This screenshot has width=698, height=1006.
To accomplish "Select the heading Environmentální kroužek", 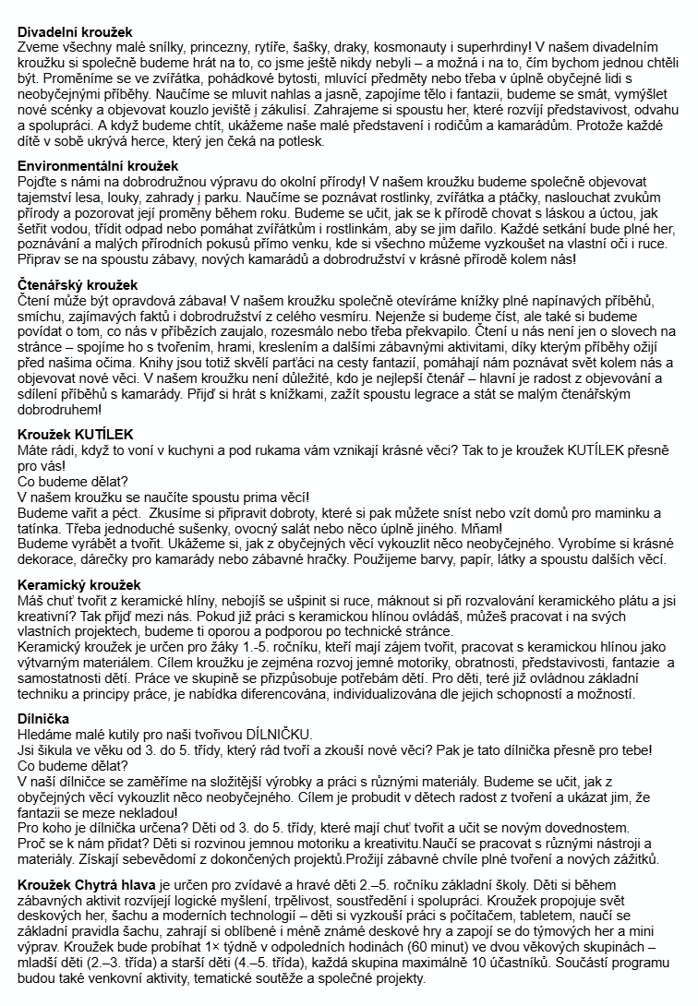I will point(98,165).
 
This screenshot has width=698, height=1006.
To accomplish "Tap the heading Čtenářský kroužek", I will point(78,285).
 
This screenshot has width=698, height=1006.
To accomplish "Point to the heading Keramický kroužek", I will point(79,585).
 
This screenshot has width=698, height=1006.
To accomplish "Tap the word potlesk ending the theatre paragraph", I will point(295,141).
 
